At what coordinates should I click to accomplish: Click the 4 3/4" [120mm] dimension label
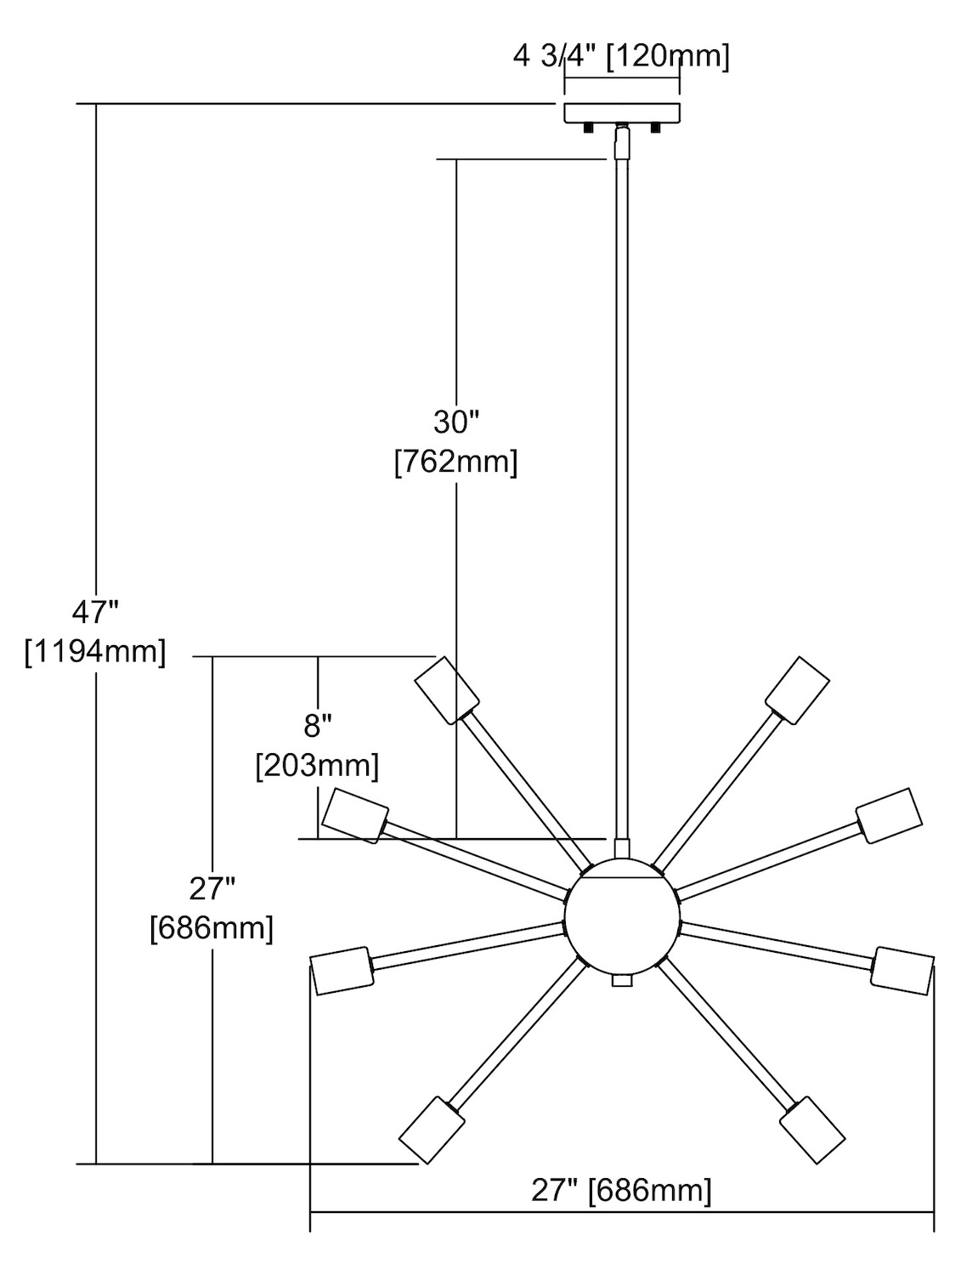point(621,57)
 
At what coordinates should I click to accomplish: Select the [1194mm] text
point(94,652)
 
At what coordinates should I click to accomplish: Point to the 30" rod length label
point(456,422)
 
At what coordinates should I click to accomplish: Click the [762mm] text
point(456,463)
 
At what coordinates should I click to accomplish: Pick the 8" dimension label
point(317,725)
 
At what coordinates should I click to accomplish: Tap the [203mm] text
point(317,766)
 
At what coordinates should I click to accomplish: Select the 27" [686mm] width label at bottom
point(621,1190)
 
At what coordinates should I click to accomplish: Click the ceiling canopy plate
point(623,112)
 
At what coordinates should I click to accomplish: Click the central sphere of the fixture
point(623,918)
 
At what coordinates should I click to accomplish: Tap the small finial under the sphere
point(623,981)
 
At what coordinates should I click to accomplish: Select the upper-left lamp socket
point(447,690)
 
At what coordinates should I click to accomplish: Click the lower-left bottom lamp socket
point(432,1130)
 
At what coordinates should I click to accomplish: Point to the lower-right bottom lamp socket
point(811,1130)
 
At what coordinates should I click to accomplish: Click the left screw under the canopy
point(586,128)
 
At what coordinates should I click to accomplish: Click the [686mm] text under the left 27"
point(211,928)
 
